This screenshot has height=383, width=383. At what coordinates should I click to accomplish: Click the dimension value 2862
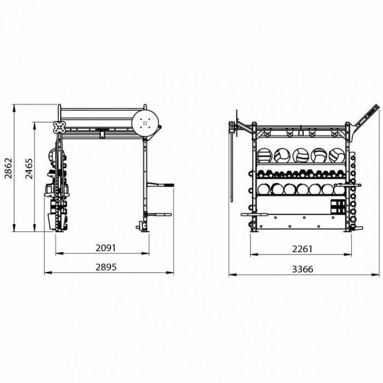click(x=8, y=169)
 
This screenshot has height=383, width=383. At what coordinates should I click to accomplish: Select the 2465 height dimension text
click(x=29, y=169)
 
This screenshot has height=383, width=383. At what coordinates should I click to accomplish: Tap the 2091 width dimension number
click(x=106, y=248)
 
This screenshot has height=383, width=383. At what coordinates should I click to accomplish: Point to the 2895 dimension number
click(x=106, y=267)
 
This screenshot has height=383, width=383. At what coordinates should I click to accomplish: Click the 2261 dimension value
click(x=303, y=249)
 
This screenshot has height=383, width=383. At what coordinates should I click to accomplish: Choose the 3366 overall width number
click(x=303, y=269)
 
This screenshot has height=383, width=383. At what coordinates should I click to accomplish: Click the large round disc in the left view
click(x=145, y=123)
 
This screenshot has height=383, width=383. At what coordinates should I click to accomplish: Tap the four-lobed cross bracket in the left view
click(x=59, y=127)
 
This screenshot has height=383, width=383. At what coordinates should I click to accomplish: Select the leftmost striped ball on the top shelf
click(x=264, y=155)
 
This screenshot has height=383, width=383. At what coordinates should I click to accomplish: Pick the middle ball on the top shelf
click(x=301, y=155)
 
